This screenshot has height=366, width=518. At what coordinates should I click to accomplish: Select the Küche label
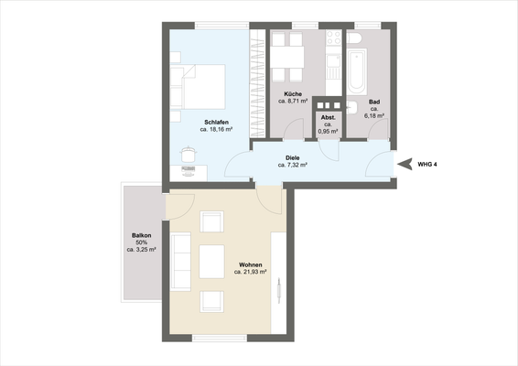[x=292, y=95]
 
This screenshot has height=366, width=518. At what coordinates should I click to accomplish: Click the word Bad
[x=374, y=102]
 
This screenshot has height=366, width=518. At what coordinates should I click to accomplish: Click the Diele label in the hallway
[x=293, y=156]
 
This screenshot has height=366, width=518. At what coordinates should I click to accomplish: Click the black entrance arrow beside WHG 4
[x=405, y=163]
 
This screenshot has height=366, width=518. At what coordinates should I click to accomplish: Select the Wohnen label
[x=250, y=263]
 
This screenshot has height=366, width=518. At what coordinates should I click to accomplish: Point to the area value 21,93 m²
[x=250, y=272]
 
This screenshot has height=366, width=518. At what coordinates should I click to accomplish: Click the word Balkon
[x=140, y=235]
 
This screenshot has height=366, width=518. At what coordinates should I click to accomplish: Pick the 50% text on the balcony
[x=140, y=242]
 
